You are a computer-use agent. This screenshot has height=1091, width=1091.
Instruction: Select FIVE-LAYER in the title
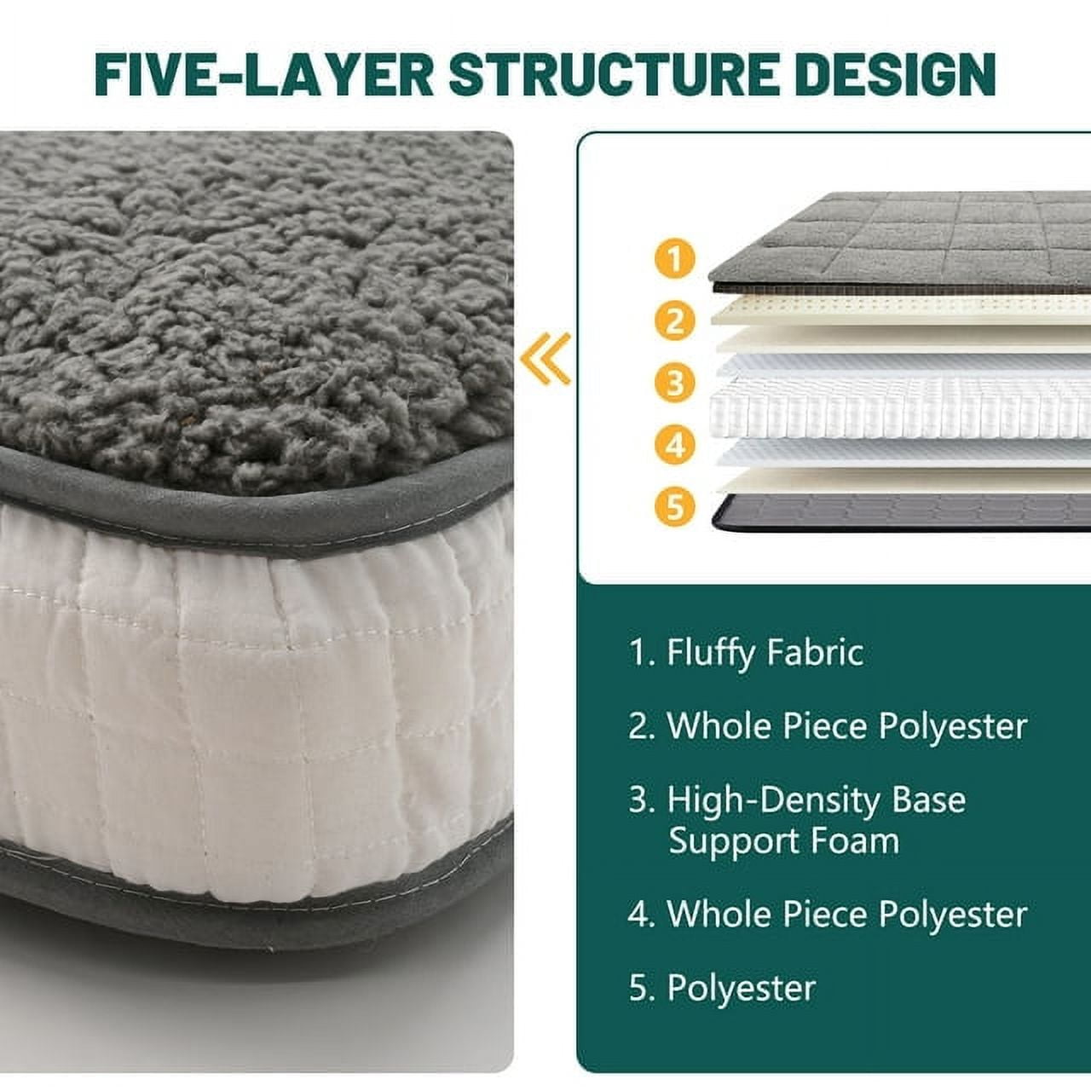264,75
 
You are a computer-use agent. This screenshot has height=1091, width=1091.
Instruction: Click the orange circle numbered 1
674,259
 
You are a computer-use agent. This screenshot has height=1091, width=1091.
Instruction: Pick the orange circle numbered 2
674,321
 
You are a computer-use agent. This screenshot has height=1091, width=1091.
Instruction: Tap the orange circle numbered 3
674,383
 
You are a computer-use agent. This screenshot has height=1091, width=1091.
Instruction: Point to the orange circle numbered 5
674,506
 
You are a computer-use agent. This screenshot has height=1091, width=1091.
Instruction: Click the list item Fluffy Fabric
746,653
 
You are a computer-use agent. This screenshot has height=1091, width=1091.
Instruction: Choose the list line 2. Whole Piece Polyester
828,726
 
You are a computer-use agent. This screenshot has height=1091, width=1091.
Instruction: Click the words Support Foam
783,841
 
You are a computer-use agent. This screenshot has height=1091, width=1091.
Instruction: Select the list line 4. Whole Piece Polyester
828,914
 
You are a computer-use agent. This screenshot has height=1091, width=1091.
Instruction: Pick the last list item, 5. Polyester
722,989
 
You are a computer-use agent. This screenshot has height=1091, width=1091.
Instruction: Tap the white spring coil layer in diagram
900,407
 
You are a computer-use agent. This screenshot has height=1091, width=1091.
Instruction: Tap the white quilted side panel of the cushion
255,690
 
